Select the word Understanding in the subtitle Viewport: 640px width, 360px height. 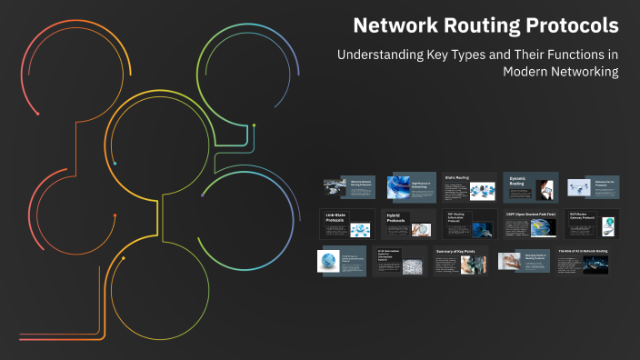click(380, 54)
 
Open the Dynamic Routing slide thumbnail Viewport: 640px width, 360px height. click(531, 186)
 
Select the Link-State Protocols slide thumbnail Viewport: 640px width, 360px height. click(346, 224)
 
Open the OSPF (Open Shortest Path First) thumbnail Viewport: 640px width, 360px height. click(531, 224)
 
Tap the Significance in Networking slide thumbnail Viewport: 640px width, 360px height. click(407, 186)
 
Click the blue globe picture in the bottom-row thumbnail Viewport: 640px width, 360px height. click(329, 261)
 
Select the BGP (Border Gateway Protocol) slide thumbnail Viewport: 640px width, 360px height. click(593, 224)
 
